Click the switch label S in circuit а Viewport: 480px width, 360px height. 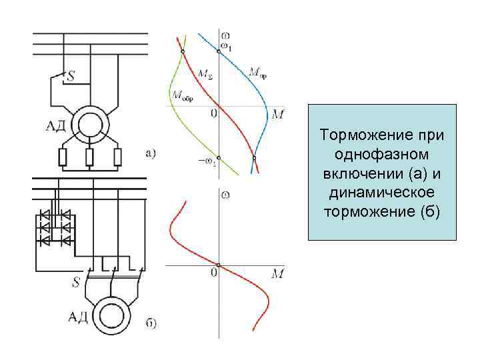70,78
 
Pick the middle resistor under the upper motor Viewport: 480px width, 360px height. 89,157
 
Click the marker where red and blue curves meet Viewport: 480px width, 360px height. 254,158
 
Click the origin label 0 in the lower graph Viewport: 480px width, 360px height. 213,273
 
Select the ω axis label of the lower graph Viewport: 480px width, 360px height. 229,194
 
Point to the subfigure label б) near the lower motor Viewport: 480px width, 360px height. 151,325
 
